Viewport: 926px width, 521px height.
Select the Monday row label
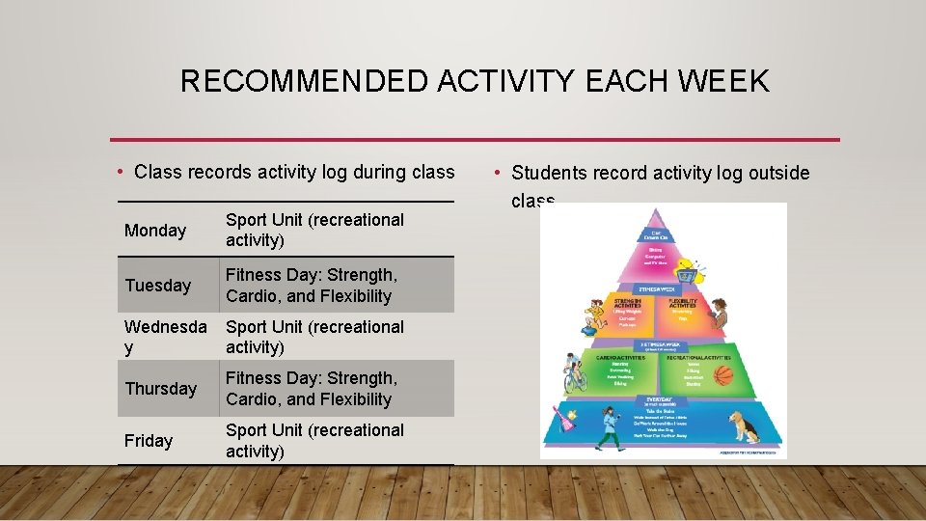(155, 231)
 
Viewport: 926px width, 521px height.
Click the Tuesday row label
(158, 286)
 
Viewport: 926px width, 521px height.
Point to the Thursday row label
(160, 389)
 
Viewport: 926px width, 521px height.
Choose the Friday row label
(149, 441)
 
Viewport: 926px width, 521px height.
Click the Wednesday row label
(165, 337)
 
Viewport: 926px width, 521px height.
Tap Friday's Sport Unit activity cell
(314, 441)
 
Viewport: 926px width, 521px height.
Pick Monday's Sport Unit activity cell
(314, 231)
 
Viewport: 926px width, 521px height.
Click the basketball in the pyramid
(723, 375)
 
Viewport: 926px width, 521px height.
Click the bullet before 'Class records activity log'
(119, 173)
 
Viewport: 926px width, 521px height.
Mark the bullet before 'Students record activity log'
(495, 173)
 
